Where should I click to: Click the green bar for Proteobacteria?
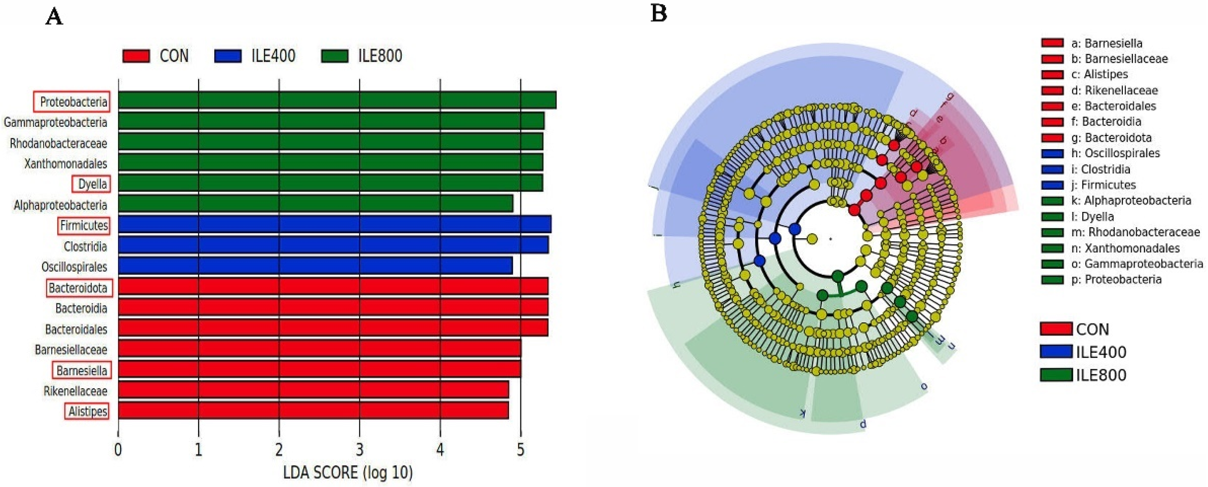[337, 100]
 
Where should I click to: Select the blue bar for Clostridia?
[333, 245]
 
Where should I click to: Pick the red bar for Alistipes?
[313, 410]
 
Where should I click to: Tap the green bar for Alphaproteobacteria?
[315, 204]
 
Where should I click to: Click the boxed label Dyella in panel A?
[92, 184]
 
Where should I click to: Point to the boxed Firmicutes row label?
[84, 226]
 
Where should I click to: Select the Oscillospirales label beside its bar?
[74, 267]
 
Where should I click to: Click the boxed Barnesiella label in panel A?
[82, 371]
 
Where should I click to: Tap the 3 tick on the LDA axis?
[359, 449]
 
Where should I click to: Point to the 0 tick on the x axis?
[118, 449]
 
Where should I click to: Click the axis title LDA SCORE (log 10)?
[347, 473]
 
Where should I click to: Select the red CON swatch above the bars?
[136, 56]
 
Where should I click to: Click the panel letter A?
[54, 17]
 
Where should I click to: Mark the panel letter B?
[658, 14]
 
